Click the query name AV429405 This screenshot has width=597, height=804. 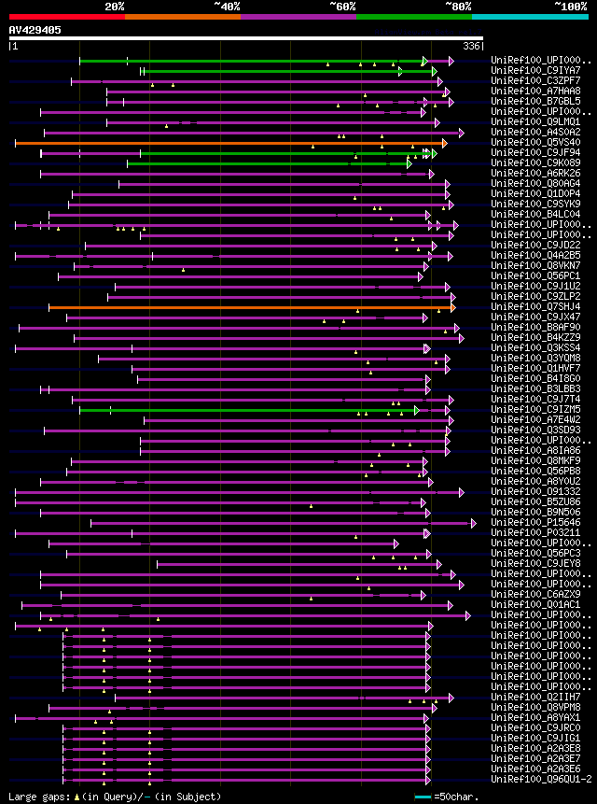tap(35, 31)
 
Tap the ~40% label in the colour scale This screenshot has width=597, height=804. tap(227, 6)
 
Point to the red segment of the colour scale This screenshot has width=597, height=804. tap(66, 17)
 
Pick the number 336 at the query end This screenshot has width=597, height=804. tap(472, 46)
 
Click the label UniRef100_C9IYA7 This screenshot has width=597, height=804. tap(526, 71)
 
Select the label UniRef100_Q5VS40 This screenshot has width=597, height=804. tap(526, 143)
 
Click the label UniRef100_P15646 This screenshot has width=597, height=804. tap(526, 523)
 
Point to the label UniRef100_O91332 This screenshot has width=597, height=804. tap(526, 492)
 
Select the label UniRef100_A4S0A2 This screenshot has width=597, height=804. tap(526, 133)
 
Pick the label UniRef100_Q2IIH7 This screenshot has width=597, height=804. tap(526, 698)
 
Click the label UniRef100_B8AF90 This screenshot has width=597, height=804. tap(526, 328)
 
